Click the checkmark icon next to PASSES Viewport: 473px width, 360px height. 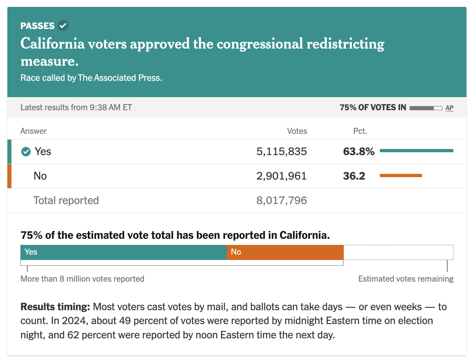[x=63, y=26]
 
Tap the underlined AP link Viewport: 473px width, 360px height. [x=449, y=108]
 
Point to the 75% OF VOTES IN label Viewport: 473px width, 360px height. [x=373, y=108]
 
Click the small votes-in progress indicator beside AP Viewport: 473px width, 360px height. [x=426, y=108]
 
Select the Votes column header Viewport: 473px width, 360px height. [x=297, y=131]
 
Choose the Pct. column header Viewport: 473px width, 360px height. [x=360, y=131]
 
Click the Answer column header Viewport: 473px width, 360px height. [x=33, y=131]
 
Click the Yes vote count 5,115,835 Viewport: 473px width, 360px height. [x=281, y=151]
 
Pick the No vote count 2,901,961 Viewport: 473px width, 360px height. [x=281, y=176]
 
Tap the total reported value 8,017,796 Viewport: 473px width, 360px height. [x=281, y=200]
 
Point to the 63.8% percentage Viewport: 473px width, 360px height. [x=359, y=151]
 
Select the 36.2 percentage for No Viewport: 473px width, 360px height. [x=354, y=176]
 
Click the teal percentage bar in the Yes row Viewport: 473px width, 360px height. [x=416, y=151]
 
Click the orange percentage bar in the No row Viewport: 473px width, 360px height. [x=401, y=176]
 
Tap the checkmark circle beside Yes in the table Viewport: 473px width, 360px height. [x=26, y=152]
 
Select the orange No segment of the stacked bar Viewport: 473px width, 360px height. [x=285, y=252]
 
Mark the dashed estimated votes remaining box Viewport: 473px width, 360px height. [x=398, y=252]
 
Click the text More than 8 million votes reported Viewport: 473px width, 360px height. [x=83, y=279]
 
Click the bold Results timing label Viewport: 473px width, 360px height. [x=55, y=307]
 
